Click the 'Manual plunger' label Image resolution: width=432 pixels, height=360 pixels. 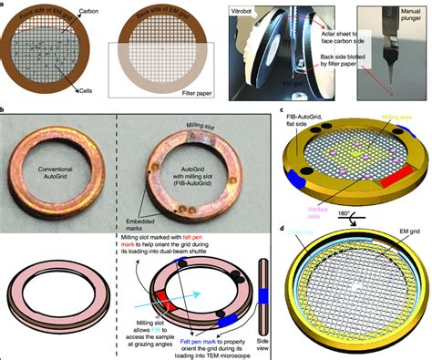click(x=408, y=13)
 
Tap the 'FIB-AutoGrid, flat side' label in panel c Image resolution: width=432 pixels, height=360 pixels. click(x=303, y=121)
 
